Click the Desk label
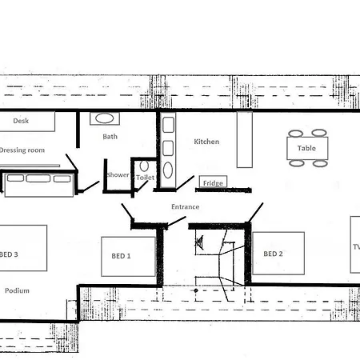pos(21,121)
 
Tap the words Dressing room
pos(22,150)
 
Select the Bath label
pos(110,137)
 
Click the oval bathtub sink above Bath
pos(105,118)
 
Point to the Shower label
pos(118,175)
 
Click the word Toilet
pos(145,178)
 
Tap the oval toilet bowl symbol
pos(144,166)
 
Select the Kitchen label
pos(206,142)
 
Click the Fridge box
pos(213,182)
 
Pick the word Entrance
pos(186,206)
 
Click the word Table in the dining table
pos(306,148)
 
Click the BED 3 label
pos(9,254)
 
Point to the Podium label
pos(17,290)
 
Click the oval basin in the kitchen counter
pos(168,170)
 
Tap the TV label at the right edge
pos(357,247)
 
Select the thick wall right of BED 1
pos(160,256)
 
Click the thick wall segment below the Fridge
pos(223,190)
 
